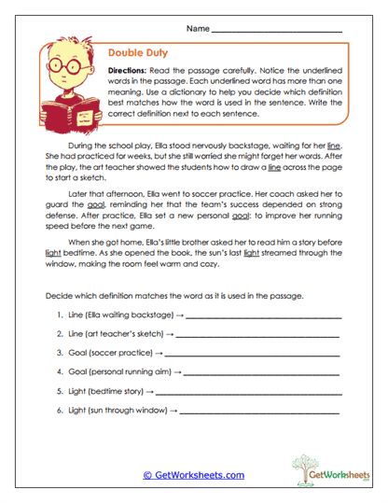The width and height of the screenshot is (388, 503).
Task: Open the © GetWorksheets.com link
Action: [193, 474]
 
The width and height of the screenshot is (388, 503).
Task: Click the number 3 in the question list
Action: [59, 355]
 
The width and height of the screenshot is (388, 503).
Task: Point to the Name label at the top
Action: [198, 29]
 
